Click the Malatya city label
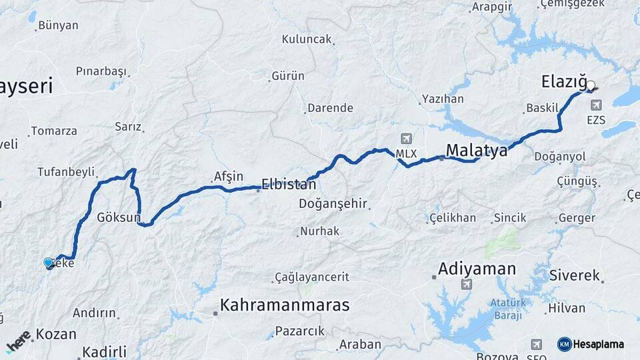tap(477, 151)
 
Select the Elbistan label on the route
tap(288, 184)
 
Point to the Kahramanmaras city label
tap(285, 305)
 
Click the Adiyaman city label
tap(477, 269)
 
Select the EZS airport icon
tap(595, 105)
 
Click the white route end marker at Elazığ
tap(590, 85)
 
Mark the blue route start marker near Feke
tap(48, 263)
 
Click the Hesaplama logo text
tap(597, 344)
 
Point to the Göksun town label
tap(119, 217)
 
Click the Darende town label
tap(329, 108)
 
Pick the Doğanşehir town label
tap(333, 203)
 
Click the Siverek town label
tap(575, 275)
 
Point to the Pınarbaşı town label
tap(101, 71)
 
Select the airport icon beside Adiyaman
tap(465, 285)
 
